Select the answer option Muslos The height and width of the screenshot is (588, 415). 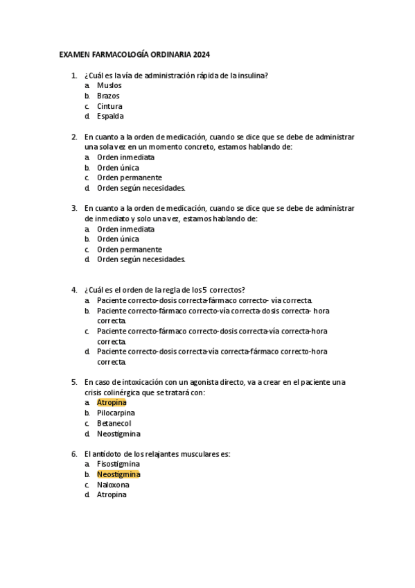click(x=109, y=85)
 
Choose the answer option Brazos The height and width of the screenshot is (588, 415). click(x=108, y=96)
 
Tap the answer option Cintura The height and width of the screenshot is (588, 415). click(x=109, y=106)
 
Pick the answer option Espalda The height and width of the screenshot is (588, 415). click(x=110, y=116)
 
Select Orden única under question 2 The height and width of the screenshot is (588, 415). click(x=118, y=168)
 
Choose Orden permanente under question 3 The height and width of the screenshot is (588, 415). click(x=130, y=249)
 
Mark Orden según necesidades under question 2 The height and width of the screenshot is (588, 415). click(x=141, y=188)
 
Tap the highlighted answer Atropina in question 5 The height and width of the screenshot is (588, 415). click(x=112, y=403)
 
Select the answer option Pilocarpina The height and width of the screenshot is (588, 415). click(x=116, y=413)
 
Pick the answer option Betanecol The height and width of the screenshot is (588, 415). click(x=114, y=424)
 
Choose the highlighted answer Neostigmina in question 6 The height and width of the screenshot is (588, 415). click(x=118, y=474)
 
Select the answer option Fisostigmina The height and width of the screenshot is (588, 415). click(x=118, y=464)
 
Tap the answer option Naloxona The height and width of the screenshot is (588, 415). click(x=113, y=485)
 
